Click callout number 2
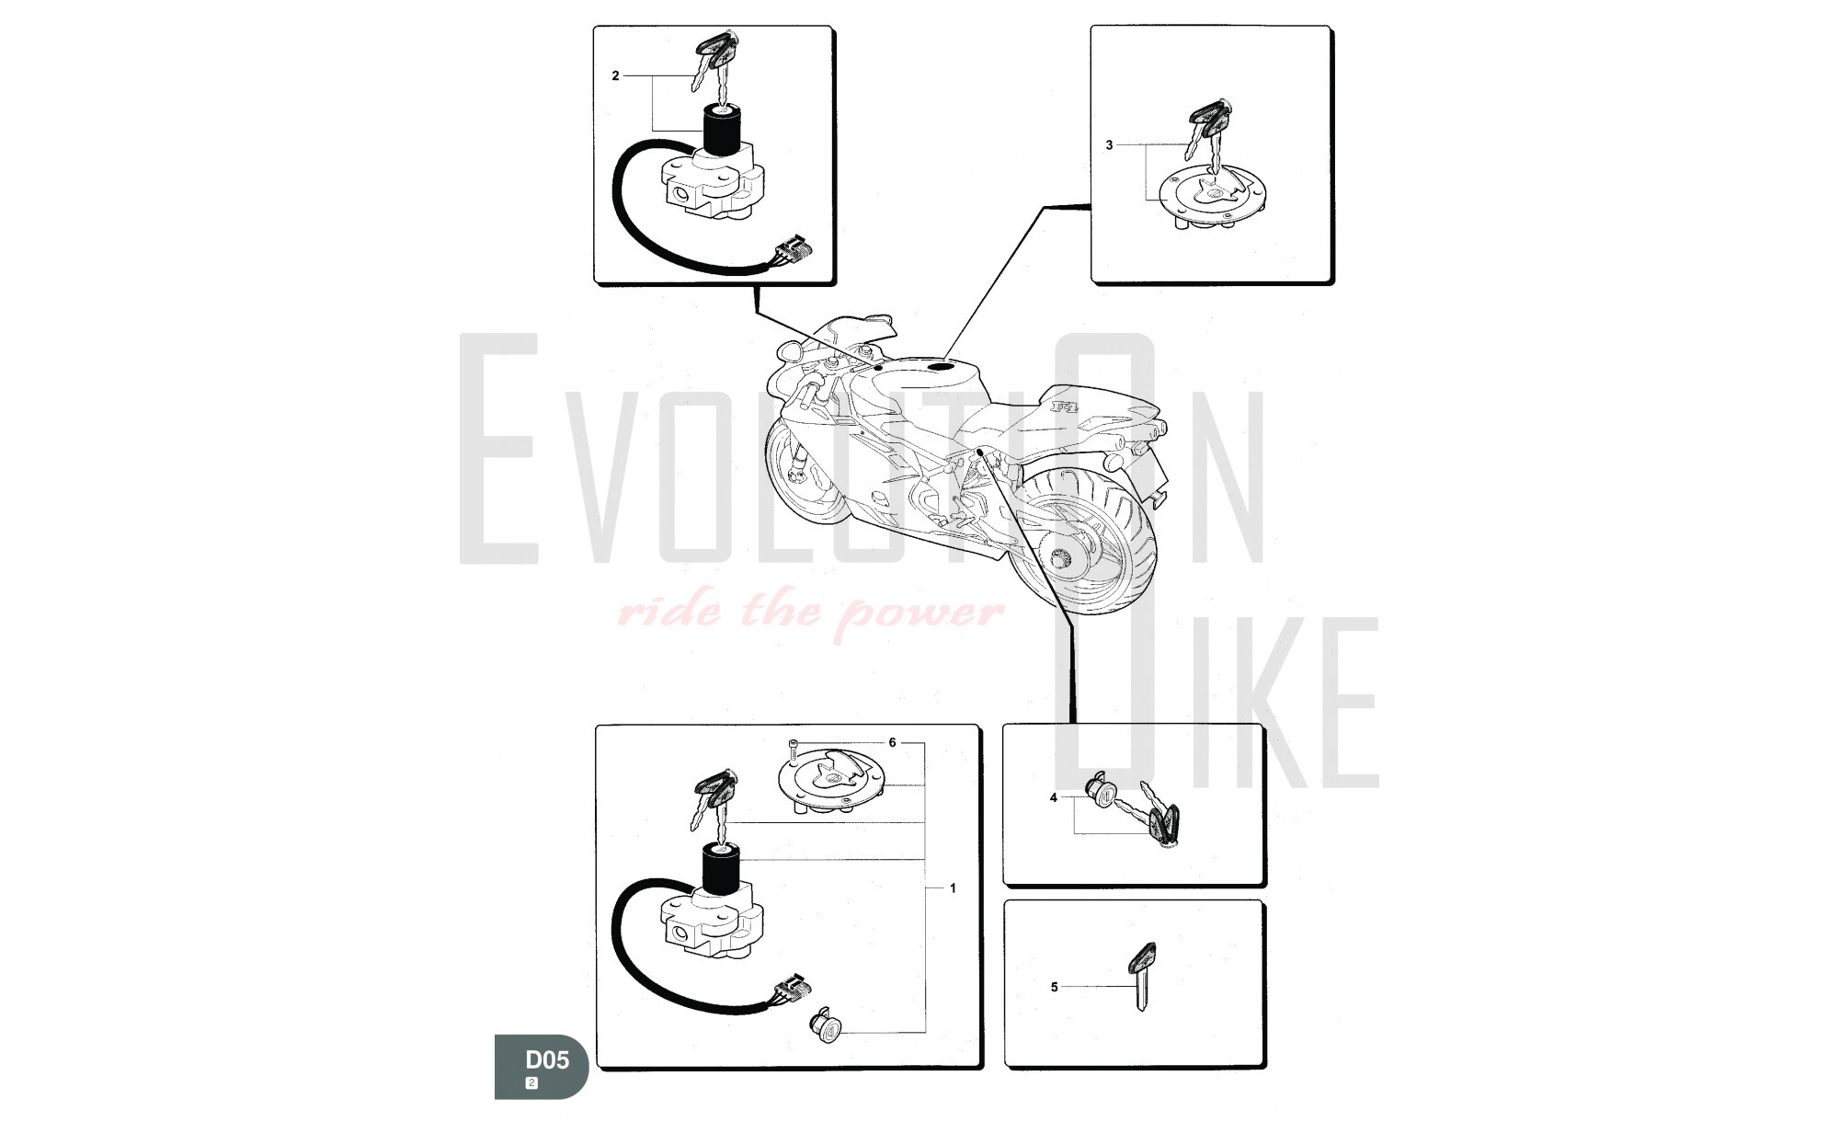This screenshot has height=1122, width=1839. tap(616, 76)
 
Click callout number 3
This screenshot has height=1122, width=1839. tap(1109, 145)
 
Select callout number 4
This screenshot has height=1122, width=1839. tap(1054, 798)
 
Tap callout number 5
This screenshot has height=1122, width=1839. tap(1054, 987)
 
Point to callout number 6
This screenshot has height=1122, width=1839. tap(892, 742)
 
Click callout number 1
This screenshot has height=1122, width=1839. tap(954, 888)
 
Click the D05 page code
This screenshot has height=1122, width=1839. tap(547, 1060)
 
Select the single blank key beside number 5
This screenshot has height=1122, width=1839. tap(1141, 977)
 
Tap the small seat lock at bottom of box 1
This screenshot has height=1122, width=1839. tap(823, 1025)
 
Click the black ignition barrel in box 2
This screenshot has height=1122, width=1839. tap(723, 131)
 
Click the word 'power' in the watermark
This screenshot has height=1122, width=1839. tap(924, 611)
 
